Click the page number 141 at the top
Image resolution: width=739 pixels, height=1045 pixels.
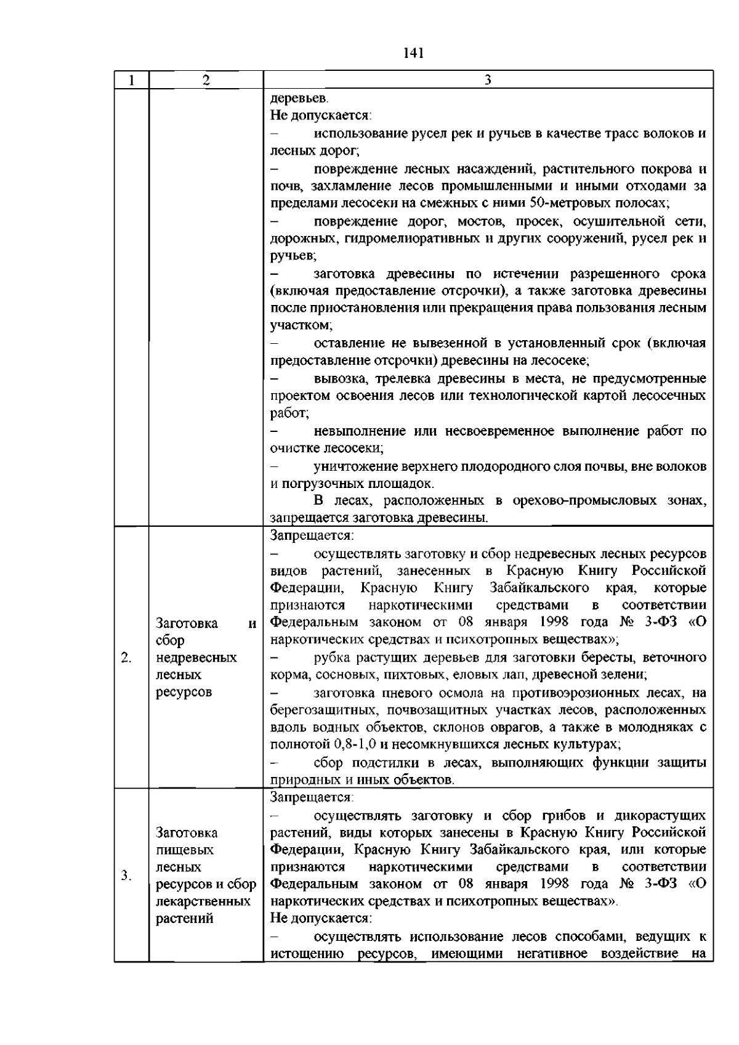point(413,53)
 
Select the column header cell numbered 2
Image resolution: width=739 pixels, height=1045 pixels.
point(206,80)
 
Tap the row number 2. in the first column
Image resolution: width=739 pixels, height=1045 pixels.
point(127,658)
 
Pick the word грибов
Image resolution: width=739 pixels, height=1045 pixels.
point(562,816)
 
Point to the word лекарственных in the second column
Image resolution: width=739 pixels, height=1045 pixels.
point(203,901)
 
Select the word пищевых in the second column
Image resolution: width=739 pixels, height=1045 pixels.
point(185,850)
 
